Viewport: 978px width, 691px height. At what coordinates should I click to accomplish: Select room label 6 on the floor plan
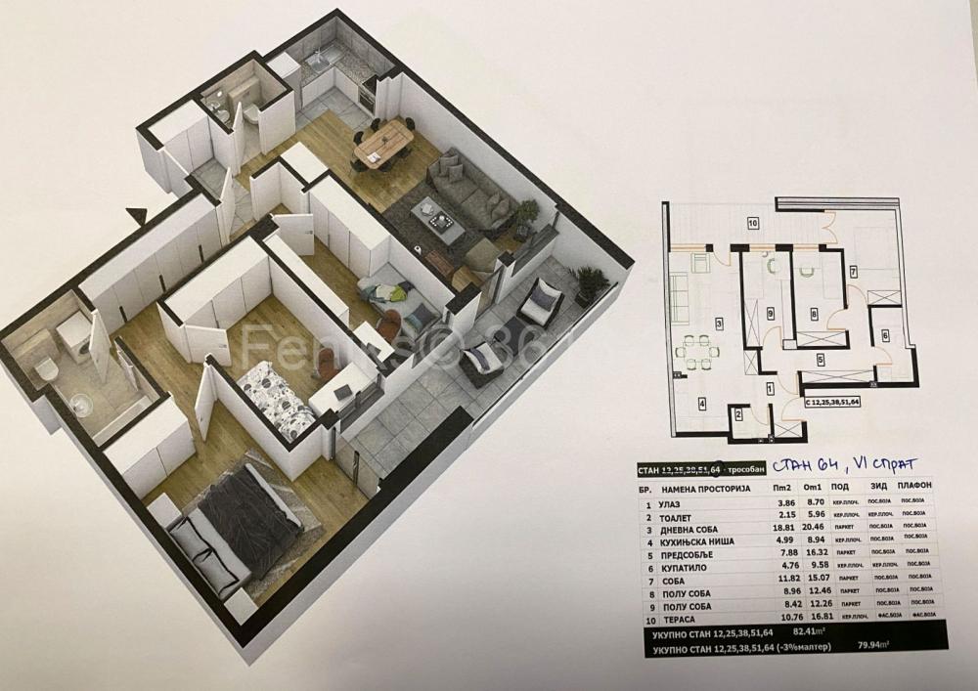click(885, 334)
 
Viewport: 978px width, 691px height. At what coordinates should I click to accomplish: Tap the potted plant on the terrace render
click(591, 283)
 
